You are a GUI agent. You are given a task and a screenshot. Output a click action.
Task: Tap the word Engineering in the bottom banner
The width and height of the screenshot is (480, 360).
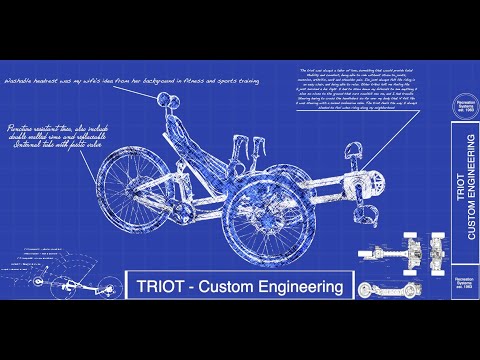(306, 288)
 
